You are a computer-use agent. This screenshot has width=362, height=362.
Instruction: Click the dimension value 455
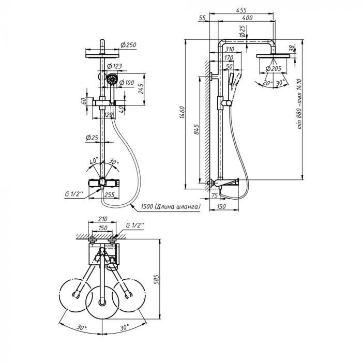pyautogui.click(x=240, y=9)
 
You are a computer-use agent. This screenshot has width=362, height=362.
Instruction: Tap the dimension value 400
pyautogui.click(x=247, y=19)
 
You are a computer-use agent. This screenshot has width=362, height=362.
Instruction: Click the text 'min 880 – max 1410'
pyautogui.click(x=299, y=111)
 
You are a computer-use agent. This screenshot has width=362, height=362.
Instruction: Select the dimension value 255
pyautogui.click(x=110, y=195)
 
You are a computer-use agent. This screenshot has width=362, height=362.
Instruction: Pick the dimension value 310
pyautogui.click(x=230, y=49)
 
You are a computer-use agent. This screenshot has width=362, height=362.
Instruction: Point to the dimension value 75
pyautogui.click(x=215, y=195)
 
